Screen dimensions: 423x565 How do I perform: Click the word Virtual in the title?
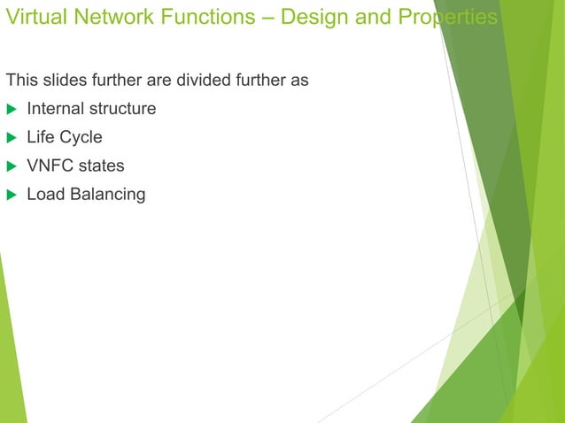coord(32,18)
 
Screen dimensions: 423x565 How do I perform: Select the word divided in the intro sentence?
coord(199,81)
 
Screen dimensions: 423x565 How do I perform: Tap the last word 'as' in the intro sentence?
coord(300,81)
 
